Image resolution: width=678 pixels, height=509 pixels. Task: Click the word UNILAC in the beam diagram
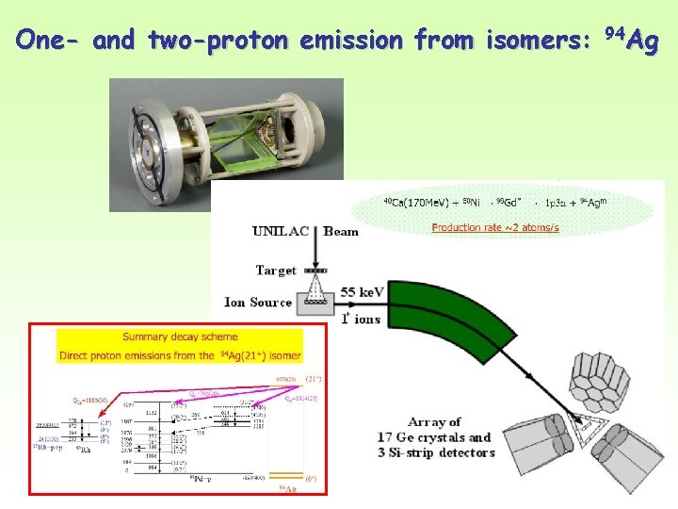(284, 231)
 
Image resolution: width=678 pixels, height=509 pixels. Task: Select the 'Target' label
(276, 271)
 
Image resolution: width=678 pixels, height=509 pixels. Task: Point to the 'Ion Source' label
(258, 303)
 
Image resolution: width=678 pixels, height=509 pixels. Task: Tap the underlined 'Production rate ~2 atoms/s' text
(495, 227)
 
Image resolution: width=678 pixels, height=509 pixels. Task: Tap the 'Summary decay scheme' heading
(180, 337)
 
